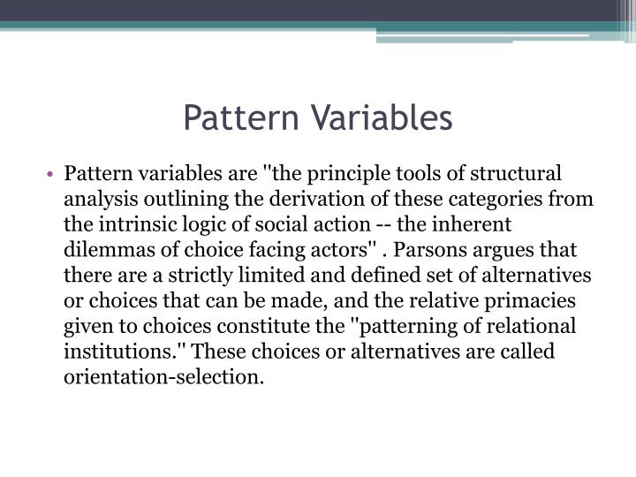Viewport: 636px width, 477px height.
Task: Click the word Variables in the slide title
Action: point(382,117)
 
